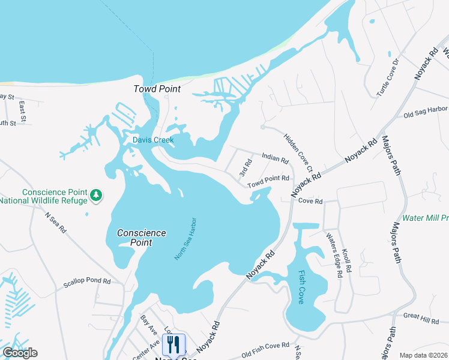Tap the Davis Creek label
click(153, 140)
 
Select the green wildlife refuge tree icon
click(96, 194)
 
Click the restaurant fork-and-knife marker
click(173, 344)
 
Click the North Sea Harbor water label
click(186, 238)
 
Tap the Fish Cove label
click(301, 287)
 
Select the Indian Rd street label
click(276, 158)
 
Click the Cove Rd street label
click(310, 201)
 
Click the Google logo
click(20, 353)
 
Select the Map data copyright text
click(423, 355)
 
